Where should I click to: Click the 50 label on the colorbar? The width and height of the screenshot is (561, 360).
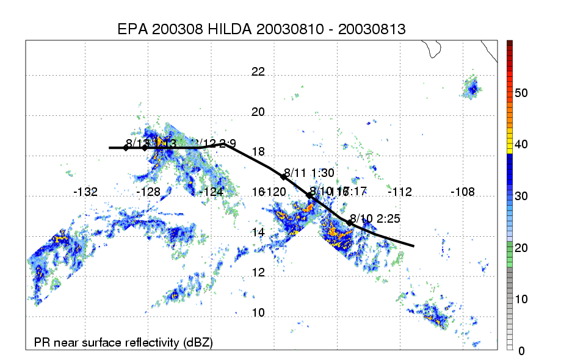521,93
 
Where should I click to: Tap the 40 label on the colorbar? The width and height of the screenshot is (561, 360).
521,145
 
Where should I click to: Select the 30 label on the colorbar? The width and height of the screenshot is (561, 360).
521,196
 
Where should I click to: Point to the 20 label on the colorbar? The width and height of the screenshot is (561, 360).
521,248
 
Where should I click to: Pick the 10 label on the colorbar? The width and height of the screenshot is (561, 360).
521,299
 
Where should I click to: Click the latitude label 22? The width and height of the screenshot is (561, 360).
259,71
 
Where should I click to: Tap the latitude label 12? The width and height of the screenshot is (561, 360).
259,273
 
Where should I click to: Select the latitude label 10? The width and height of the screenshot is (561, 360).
259,313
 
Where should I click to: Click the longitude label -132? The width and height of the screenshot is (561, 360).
85,192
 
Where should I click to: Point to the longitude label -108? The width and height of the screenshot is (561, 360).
462,192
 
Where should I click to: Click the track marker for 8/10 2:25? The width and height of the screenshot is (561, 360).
350,223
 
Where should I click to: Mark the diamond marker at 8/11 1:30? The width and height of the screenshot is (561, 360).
283,176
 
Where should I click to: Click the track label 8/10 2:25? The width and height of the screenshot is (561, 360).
375,219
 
